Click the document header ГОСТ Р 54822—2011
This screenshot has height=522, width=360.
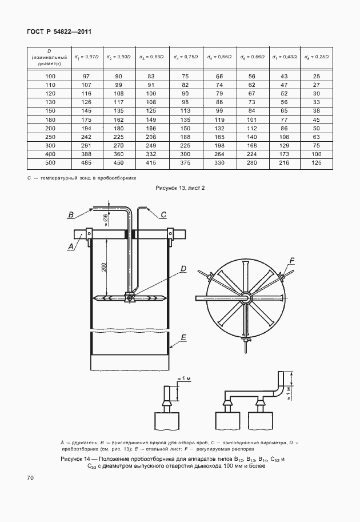click(59, 31)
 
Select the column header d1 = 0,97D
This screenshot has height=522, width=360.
click(86, 57)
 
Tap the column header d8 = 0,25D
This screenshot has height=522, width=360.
click(317, 57)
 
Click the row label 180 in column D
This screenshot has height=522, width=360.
click(50, 119)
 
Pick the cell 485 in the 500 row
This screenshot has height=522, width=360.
click(86, 163)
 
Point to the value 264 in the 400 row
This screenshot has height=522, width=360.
click(219, 154)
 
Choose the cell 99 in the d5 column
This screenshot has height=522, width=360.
click(219, 111)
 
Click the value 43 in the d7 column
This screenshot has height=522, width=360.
click(284, 76)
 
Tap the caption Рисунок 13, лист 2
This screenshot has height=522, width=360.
click(180, 188)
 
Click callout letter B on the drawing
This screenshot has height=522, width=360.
click(71, 215)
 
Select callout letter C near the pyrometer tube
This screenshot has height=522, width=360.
click(163, 215)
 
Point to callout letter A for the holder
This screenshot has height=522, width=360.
click(70, 246)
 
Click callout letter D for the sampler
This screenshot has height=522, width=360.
click(183, 269)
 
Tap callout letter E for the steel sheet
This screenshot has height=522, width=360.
click(183, 338)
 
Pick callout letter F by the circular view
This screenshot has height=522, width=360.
click(292, 261)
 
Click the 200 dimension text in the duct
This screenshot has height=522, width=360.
click(104, 268)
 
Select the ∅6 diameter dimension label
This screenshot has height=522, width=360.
click(105, 220)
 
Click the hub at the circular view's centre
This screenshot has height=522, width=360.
click(246, 297)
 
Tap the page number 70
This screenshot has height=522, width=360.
click(30, 478)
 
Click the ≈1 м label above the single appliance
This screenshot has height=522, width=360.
click(183, 378)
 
